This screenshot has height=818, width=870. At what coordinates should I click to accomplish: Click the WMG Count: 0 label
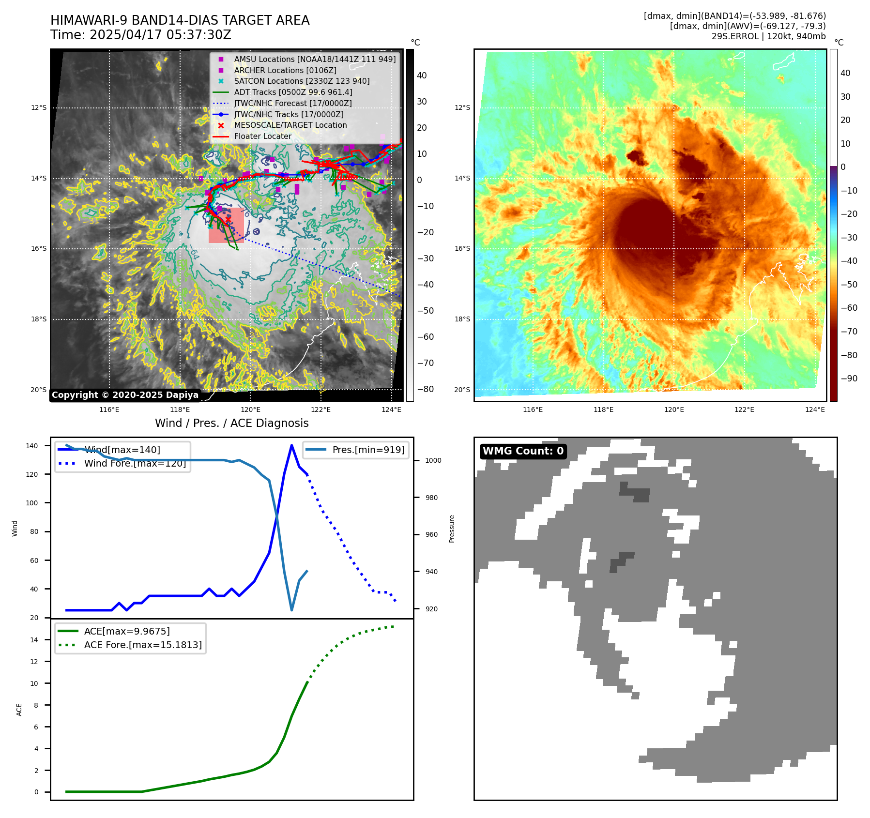tap(523, 451)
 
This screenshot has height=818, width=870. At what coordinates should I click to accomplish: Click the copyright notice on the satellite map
tap(125, 395)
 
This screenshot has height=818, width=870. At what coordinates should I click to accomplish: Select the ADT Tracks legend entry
tap(293, 92)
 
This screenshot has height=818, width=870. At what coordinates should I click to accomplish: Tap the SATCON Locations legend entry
tap(302, 81)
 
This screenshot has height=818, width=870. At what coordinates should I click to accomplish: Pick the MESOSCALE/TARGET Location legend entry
tap(290, 125)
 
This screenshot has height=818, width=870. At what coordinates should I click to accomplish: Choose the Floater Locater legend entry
tap(262, 136)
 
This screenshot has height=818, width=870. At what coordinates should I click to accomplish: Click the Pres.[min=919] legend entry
tap(368, 450)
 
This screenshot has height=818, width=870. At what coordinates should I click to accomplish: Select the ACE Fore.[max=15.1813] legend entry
tap(142, 645)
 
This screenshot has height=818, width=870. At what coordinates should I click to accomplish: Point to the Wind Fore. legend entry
tap(135, 463)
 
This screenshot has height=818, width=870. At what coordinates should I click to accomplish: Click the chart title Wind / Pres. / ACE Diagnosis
tap(231, 423)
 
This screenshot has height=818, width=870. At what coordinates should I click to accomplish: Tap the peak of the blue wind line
tap(291, 445)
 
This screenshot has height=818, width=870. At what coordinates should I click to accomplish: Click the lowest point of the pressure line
tap(291, 610)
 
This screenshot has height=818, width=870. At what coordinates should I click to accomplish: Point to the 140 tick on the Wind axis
tap(32, 446)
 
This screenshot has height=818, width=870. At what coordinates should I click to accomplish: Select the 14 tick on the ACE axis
tap(34, 640)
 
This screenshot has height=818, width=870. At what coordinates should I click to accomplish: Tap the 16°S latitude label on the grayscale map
tap(39, 248)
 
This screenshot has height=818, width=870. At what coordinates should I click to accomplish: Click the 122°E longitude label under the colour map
tap(744, 409)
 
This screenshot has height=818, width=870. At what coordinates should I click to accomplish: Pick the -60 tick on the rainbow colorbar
tap(849, 308)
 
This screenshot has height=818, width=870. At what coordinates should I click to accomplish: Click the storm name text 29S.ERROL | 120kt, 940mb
tap(768, 36)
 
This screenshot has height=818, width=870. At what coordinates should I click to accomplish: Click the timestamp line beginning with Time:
tap(140, 35)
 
